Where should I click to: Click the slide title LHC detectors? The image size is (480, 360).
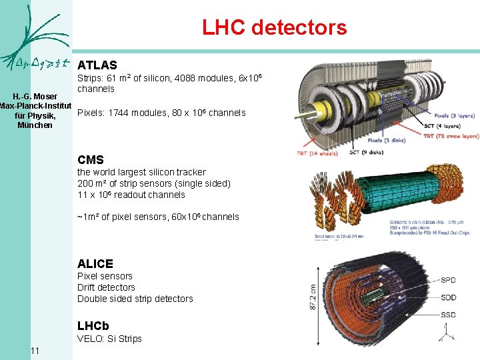pos(275,28)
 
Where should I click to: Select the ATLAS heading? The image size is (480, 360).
pos(97,65)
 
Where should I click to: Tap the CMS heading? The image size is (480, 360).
pos(91,160)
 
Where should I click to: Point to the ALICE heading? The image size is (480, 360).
pos(95,264)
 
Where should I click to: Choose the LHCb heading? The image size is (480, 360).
pos(93,326)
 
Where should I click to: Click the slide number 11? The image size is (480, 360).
pos(35,351)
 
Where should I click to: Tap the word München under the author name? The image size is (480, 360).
pos(35,125)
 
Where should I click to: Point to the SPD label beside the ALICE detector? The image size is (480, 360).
pos(449,280)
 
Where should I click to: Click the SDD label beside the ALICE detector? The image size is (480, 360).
pos(449,297)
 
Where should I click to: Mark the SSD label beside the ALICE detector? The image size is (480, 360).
pos(449,315)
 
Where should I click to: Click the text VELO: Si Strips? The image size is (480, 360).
pos(109,339)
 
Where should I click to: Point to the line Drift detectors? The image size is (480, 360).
pos(106,287)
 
